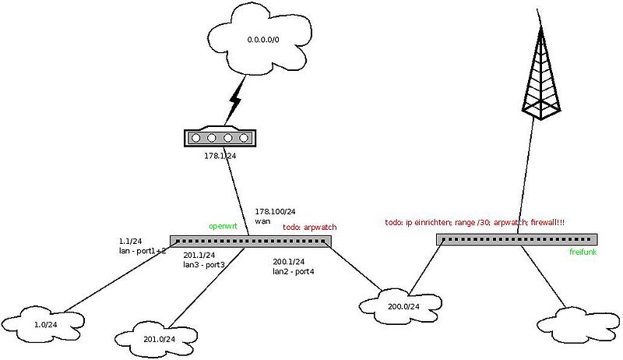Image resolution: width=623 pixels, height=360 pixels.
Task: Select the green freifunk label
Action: click(584, 252)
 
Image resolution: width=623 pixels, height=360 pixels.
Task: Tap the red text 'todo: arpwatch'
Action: click(309, 227)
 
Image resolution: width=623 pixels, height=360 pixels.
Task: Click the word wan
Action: click(262, 221)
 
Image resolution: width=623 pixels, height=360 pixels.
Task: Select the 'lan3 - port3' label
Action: click(204, 265)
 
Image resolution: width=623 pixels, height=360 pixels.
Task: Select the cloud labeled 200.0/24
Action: click(403, 305)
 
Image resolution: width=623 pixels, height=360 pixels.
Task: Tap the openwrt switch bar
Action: click(250, 241)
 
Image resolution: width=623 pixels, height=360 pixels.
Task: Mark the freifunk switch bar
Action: click(516, 239)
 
